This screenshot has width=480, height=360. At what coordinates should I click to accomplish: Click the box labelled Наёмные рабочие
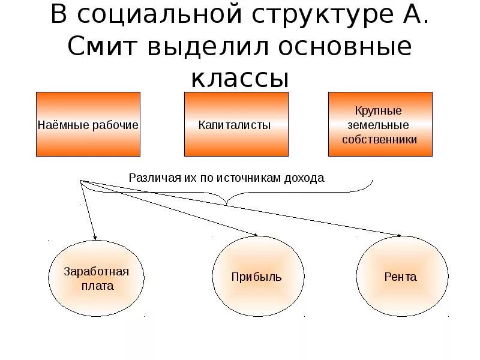[x=88, y=124]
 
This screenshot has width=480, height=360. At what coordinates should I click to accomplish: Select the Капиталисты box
[x=235, y=124]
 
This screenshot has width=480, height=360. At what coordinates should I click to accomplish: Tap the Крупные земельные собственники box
[x=380, y=124]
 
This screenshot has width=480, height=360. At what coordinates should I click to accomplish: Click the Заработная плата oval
[x=96, y=277]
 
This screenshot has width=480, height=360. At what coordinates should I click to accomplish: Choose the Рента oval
[x=401, y=277]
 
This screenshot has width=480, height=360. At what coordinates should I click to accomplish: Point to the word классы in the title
[x=240, y=78]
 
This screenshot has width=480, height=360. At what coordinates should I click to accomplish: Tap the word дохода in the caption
[x=303, y=178]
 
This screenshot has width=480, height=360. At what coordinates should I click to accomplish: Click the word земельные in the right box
[x=379, y=125]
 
